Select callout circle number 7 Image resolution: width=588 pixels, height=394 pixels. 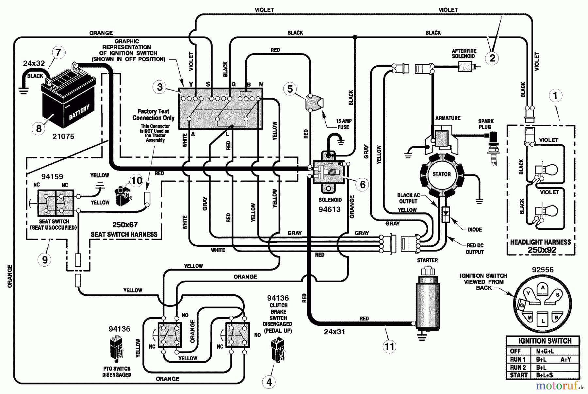tap(58, 52)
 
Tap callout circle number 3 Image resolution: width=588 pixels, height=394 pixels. tap(160, 87)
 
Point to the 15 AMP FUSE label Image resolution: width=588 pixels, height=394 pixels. tap(343, 124)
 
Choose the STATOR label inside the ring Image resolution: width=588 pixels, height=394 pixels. tap(441, 174)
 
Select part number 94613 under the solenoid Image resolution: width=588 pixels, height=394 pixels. tap(330, 209)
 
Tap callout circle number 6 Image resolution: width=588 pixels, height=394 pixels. tap(363, 185)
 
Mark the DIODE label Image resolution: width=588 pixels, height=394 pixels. tap(475, 230)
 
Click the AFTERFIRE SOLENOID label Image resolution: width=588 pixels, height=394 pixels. tap(464, 54)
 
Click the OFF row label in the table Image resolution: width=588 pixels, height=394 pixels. tap(515, 351)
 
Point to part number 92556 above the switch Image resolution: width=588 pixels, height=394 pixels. tap(543, 270)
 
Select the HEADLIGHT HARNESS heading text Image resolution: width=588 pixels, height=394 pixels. tap(541, 242)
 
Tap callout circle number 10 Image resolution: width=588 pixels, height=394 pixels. tap(137, 181)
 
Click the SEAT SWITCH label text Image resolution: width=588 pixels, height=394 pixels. tap(54, 222)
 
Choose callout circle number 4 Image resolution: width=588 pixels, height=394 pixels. tap(269, 382)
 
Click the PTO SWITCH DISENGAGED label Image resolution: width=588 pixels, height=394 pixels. tap(117, 372)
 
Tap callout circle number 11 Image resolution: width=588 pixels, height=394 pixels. tap(389, 346)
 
